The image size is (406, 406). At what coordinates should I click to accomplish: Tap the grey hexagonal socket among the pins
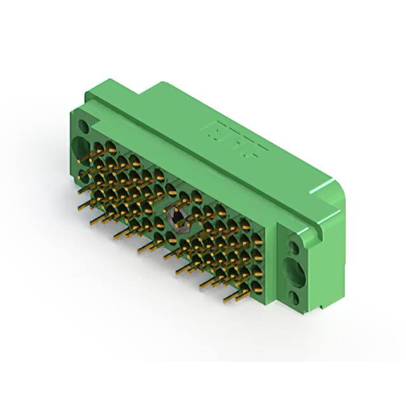pos(177,218)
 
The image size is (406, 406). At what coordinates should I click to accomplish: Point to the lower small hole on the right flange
pos(294,296)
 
